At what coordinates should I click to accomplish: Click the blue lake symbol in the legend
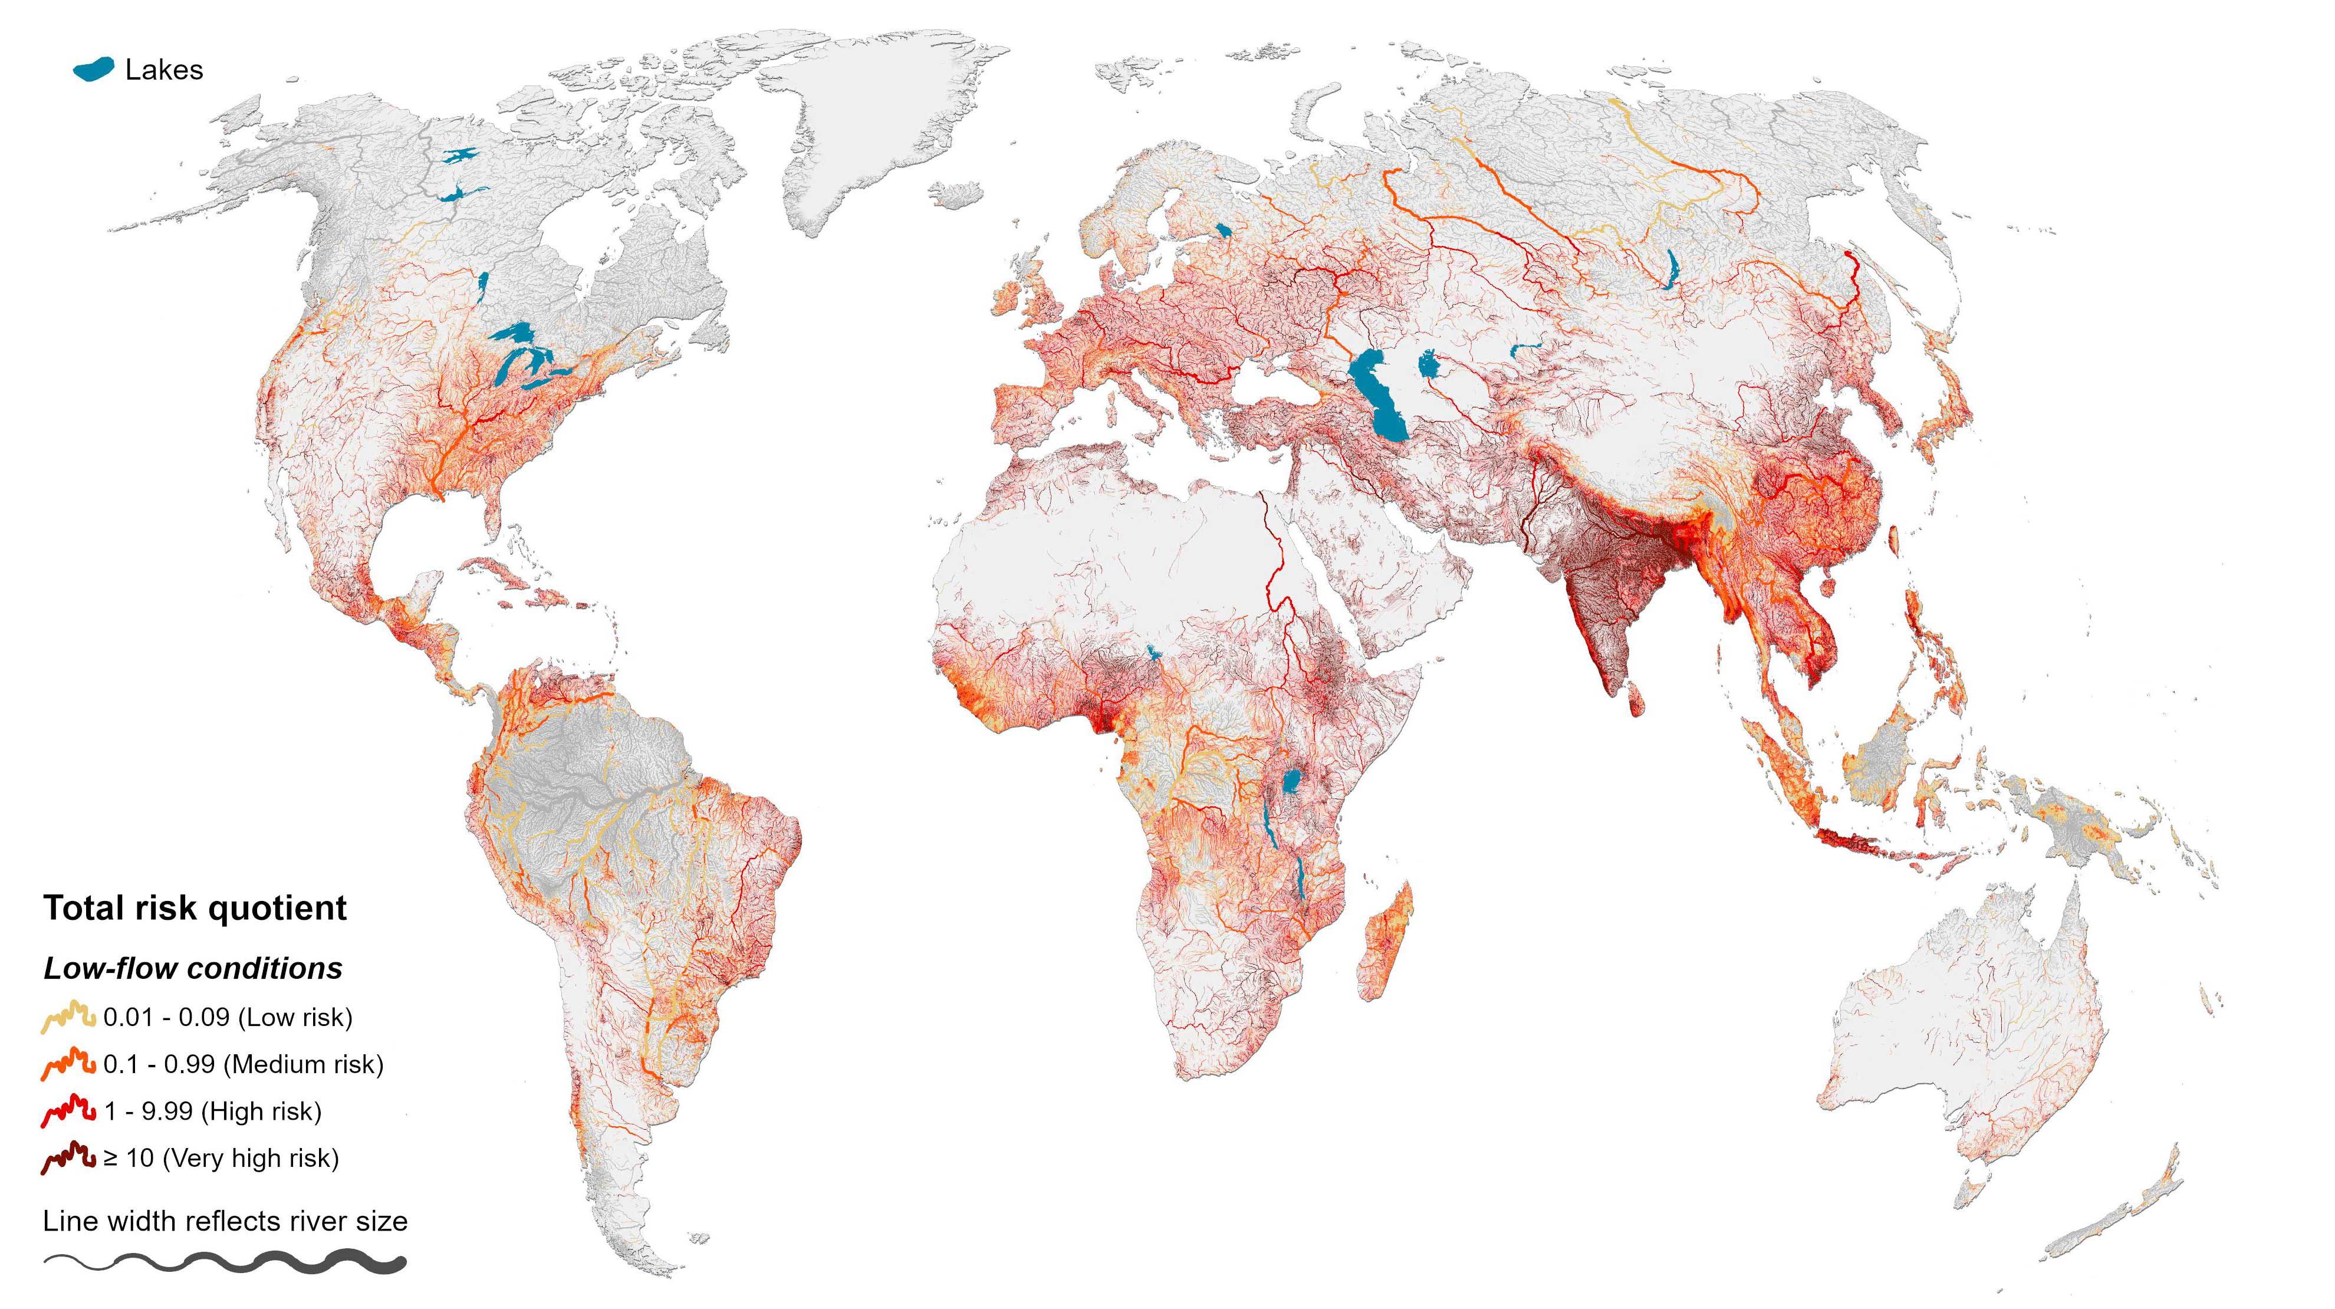tap(93, 69)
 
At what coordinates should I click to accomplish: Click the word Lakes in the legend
tap(164, 70)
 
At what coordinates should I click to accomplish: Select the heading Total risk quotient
tap(195, 908)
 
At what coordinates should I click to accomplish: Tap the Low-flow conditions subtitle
tap(193, 968)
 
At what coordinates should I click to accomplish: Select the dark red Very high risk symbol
tap(68, 1157)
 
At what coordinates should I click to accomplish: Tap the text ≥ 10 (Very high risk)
tap(221, 1159)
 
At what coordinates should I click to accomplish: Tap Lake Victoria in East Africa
tap(1293, 781)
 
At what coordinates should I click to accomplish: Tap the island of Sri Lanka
tap(1636, 699)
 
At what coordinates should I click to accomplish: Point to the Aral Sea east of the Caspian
tap(1429, 367)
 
